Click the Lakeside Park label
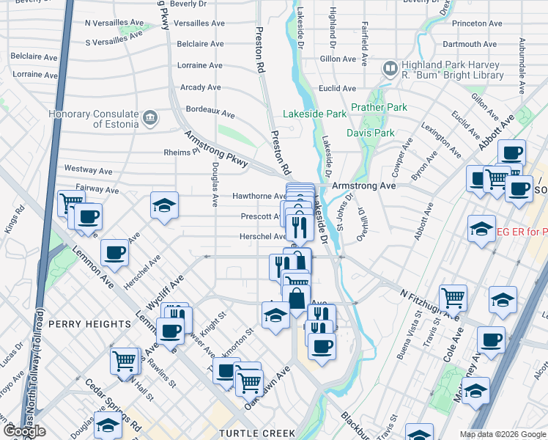tap(315, 114)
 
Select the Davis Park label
tap(370, 133)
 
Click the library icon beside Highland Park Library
tap(390, 70)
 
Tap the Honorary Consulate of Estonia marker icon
tap(150, 117)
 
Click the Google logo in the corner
tap(24, 431)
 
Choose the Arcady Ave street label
tap(200, 87)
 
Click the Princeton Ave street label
tap(477, 23)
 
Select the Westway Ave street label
tap(88, 169)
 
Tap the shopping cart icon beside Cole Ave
tap(453, 297)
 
